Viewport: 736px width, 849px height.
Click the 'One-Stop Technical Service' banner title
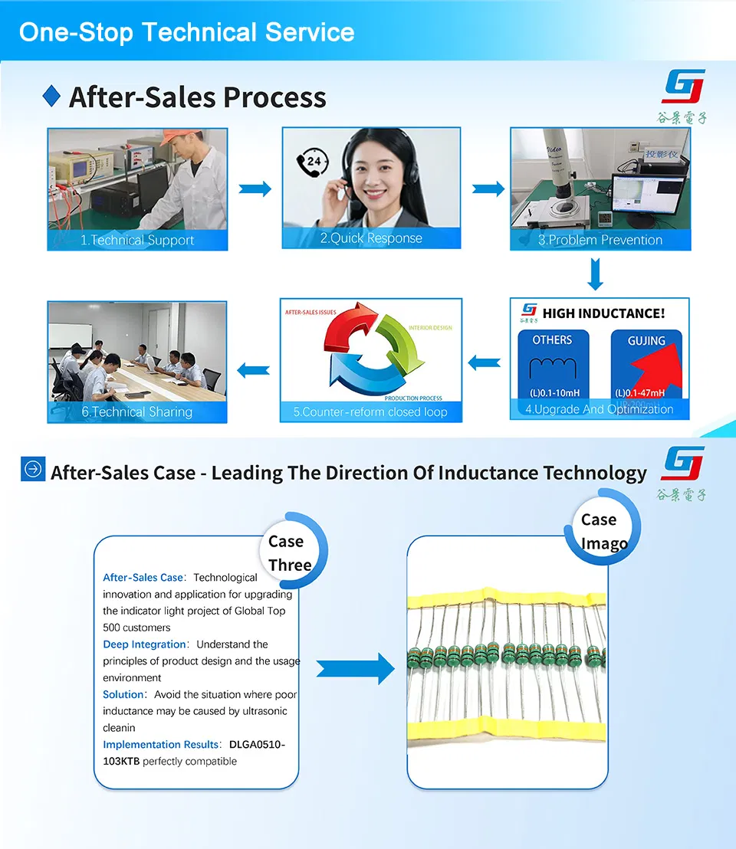186,32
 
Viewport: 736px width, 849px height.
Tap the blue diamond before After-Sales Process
51,96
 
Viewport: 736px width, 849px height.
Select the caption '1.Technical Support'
137,240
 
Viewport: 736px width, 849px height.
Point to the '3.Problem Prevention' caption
600,240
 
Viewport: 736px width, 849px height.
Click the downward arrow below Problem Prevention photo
596,274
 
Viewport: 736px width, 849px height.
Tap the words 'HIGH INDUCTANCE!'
603,313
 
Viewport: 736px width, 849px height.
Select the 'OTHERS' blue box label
552,339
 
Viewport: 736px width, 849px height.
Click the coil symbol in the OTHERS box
552,368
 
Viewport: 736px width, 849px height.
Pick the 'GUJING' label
646,340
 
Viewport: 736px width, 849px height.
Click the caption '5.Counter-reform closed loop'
370,411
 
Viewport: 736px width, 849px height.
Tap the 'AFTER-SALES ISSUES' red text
310,313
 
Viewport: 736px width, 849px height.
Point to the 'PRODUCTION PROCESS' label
413,398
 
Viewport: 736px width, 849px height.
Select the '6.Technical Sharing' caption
137,411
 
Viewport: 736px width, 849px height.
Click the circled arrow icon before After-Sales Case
33,470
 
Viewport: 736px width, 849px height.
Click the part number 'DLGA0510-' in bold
257,744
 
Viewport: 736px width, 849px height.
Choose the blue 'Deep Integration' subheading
144,644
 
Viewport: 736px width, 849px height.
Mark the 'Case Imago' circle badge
603,531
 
